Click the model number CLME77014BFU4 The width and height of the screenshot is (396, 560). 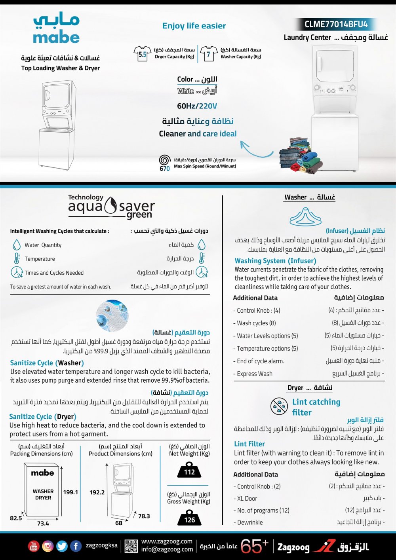[x=336, y=25]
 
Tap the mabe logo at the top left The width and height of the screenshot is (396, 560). [x=56, y=29]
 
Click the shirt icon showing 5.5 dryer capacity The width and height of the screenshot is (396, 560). [x=143, y=54]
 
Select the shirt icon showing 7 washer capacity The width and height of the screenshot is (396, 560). [x=209, y=54]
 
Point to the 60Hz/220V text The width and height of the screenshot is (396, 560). [x=197, y=106]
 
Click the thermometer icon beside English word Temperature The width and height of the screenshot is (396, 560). [x=17, y=258]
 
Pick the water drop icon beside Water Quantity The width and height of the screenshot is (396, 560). [x=17, y=245]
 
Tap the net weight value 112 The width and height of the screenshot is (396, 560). [x=189, y=472]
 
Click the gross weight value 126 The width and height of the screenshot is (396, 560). [x=189, y=520]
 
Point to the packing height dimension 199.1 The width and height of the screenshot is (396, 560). [x=70, y=492]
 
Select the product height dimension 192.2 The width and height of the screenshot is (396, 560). [x=97, y=492]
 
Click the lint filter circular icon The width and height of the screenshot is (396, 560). [x=279, y=406]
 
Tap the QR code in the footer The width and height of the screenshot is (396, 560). [x=131, y=546]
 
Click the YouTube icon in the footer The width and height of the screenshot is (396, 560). [x=34, y=546]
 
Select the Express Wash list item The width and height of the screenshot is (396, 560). [x=255, y=374]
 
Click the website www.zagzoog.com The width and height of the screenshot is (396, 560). [x=167, y=541]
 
